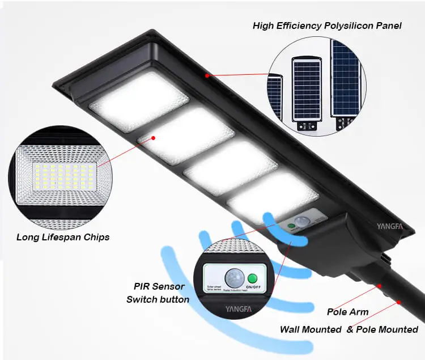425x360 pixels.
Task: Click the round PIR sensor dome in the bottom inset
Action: (x=233, y=278)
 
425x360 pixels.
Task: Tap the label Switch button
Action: (x=158, y=299)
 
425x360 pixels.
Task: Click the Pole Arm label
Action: (x=347, y=312)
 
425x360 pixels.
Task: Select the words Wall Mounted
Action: (x=311, y=329)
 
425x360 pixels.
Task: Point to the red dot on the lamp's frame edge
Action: (x=207, y=75)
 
